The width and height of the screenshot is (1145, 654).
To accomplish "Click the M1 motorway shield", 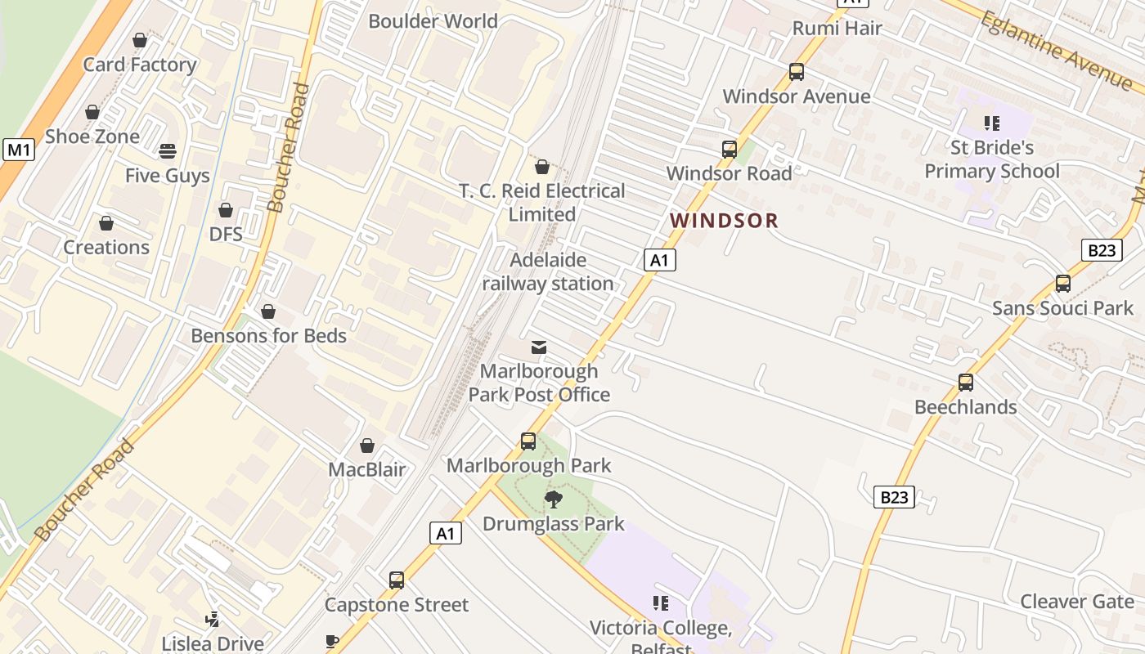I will pos(19,150).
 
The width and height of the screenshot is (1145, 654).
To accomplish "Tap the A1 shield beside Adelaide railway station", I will pos(659,260).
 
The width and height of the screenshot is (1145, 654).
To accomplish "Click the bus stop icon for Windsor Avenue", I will pos(796,72).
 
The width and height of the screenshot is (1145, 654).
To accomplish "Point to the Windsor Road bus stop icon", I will pos(729,150).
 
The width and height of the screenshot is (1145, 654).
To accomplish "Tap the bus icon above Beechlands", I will pos(965,383).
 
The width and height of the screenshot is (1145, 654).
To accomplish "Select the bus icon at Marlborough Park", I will pos(528,441).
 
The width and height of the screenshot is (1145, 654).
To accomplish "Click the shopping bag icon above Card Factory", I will pos(140,40).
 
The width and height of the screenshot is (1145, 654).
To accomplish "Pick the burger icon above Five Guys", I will pos(168,151).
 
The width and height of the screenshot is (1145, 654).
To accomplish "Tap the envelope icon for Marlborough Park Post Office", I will pos(538,347).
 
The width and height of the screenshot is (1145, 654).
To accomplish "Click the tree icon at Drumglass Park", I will pos(554,499).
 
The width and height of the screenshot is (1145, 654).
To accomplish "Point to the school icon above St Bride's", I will pos(992,123).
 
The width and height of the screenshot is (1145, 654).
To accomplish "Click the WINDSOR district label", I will pos(724,220).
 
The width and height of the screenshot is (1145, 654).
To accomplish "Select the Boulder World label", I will pos(433,21).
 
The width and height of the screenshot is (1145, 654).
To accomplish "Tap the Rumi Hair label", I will pos(837,28).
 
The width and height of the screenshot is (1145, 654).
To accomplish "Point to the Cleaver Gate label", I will pos(1076,602).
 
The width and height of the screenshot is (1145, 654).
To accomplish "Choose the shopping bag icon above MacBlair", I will pos(367,446).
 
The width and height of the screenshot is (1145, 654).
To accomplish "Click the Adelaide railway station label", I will pos(548,271).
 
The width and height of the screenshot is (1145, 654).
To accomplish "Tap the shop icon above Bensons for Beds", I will pos(268,311).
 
